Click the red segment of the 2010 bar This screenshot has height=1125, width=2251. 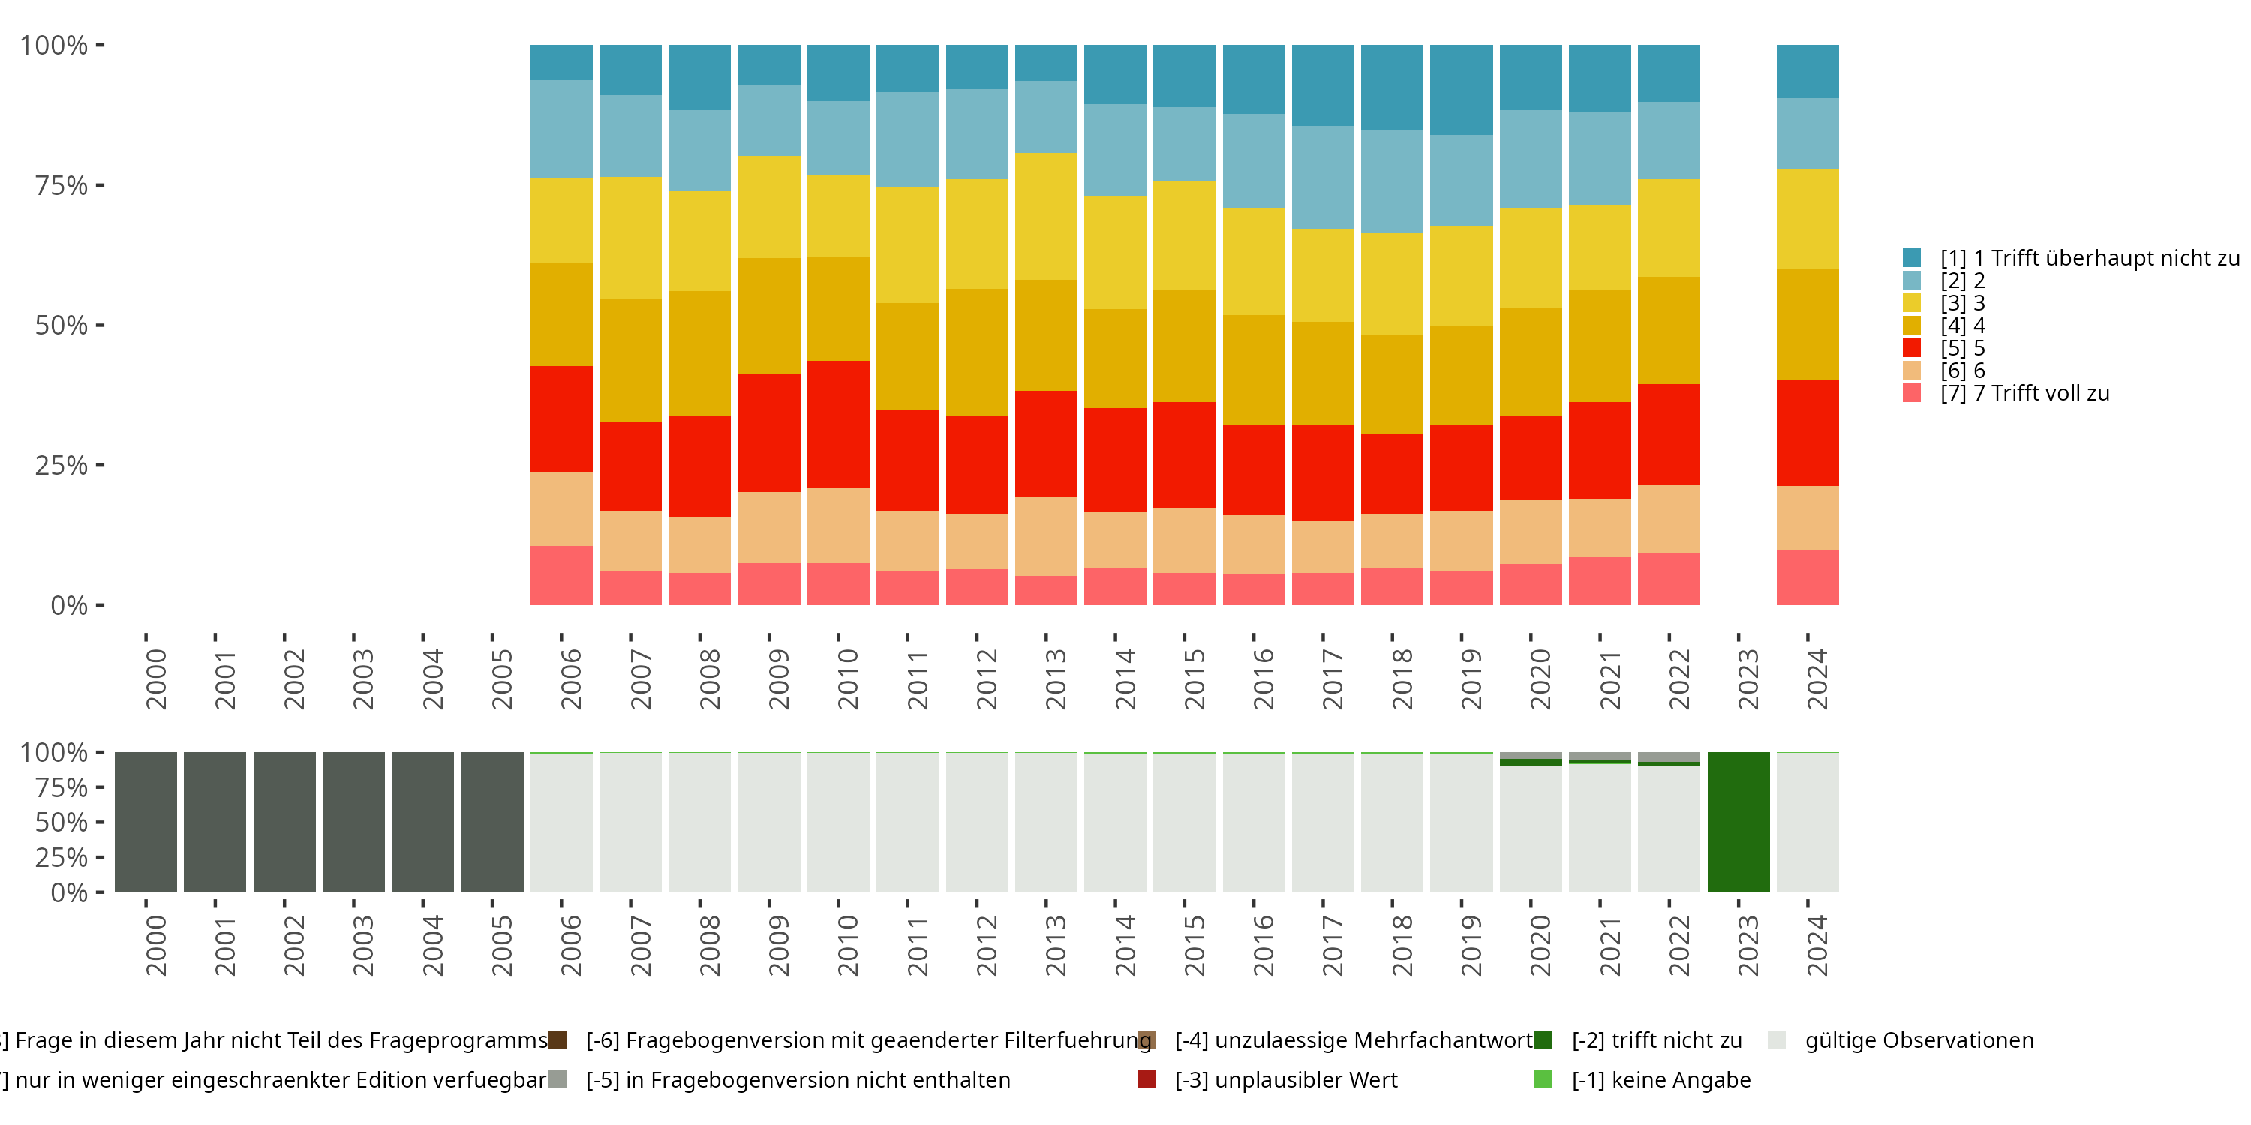[x=838, y=424]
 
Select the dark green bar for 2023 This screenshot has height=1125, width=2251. [x=1738, y=822]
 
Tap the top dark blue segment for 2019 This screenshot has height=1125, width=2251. [x=1461, y=90]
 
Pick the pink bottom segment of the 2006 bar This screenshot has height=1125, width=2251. [x=561, y=575]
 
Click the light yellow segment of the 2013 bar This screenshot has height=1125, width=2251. [x=1046, y=217]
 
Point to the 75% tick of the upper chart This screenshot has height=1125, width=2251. [x=100, y=185]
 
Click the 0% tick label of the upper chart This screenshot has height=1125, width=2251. [x=69, y=605]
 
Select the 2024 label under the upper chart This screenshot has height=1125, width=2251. [x=1817, y=679]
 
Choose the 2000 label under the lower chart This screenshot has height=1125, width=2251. [x=155, y=946]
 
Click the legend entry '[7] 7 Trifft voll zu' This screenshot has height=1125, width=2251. [x=2024, y=393]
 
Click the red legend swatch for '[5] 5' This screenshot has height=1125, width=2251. [x=1912, y=348]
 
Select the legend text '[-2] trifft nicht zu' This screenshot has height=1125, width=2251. [x=1656, y=1040]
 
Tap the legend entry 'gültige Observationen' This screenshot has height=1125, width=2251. [x=1919, y=1040]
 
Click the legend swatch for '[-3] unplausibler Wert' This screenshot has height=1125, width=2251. [x=1147, y=1079]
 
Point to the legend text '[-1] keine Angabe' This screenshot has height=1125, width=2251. [x=1660, y=1079]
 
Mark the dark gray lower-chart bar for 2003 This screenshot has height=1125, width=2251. [x=353, y=822]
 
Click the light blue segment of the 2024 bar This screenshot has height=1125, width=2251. [x=1807, y=133]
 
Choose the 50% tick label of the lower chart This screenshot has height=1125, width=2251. [x=62, y=822]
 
